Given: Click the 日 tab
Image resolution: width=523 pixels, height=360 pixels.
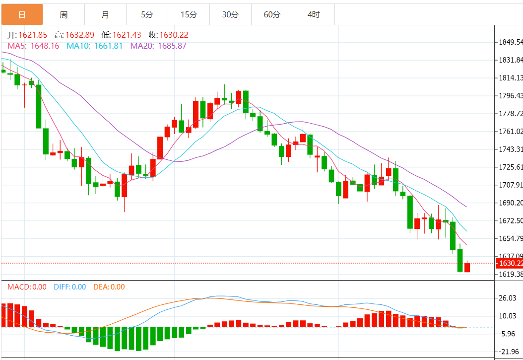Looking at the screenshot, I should pyautogui.click(x=22, y=15).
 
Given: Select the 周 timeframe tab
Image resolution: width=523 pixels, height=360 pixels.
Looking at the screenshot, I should pyautogui.click(x=64, y=15).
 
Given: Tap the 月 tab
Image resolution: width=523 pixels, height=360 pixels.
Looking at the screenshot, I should pyautogui.click(x=105, y=15).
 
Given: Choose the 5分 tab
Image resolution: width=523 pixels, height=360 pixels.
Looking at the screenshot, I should pyautogui.click(x=147, y=15).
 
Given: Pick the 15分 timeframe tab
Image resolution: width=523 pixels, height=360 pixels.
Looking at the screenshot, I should pyautogui.click(x=189, y=15).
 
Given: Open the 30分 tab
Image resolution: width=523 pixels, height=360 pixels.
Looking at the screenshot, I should pyautogui.click(x=230, y=15).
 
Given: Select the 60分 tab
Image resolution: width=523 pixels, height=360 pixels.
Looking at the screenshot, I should pyautogui.click(x=272, y=15).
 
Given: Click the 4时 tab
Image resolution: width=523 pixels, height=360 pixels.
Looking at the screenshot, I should pyautogui.click(x=314, y=15).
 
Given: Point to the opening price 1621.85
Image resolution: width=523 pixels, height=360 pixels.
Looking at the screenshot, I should pyautogui.click(x=32, y=35).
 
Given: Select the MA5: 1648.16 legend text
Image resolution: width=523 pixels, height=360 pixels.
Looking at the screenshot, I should pyautogui.click(x=33, y=46).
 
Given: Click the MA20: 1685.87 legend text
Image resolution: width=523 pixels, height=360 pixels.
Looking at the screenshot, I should pyautogui.click(x=158, y=46).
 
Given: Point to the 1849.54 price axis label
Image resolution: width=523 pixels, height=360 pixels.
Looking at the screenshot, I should pyautogui.click(x=510, y=42).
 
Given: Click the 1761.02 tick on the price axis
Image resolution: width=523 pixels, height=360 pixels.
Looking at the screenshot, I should pyautogui.click(x=510, y=132).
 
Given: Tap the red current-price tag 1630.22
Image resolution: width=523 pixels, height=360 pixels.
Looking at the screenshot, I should pyautogui.click(x=510, y=263).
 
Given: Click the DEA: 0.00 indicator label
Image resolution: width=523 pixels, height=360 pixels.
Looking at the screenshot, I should pyautogui.click(x=109, y=287).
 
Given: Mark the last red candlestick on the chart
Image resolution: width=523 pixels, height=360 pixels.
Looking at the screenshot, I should pyautogui.click(x=467, y=268).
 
